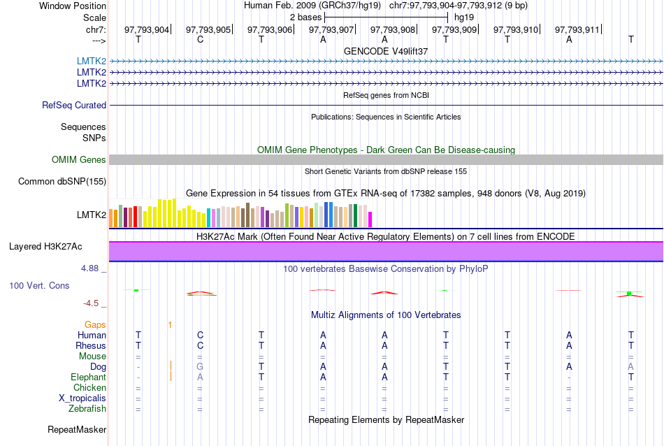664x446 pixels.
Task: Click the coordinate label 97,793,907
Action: (x=331, y=30)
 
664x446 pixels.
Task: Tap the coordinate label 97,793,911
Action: (x=577, y=30)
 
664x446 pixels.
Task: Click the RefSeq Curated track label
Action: (x=74, y=106)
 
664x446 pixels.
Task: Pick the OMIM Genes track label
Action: (x=79, y=160)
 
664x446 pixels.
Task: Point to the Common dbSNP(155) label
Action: (x=62, y=182)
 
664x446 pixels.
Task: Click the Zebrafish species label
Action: (x=87, y=409)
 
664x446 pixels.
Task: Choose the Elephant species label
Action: (x=88, y=377)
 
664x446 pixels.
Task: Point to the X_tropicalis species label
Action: (x=82, y=398)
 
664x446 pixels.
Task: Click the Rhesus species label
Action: (x=91, y=346)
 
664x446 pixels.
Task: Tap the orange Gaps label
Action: (x=95, y=325)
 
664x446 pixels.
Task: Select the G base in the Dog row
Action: (x=200, y=367)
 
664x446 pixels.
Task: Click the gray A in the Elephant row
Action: (x=200, y=377)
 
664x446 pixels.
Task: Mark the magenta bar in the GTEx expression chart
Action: (x=370, y=220)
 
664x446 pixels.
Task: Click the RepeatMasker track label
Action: (x=77, y=429)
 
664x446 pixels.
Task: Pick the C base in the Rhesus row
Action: (x=200, y=346)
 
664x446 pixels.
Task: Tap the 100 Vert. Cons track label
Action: (x=40, y=286)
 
